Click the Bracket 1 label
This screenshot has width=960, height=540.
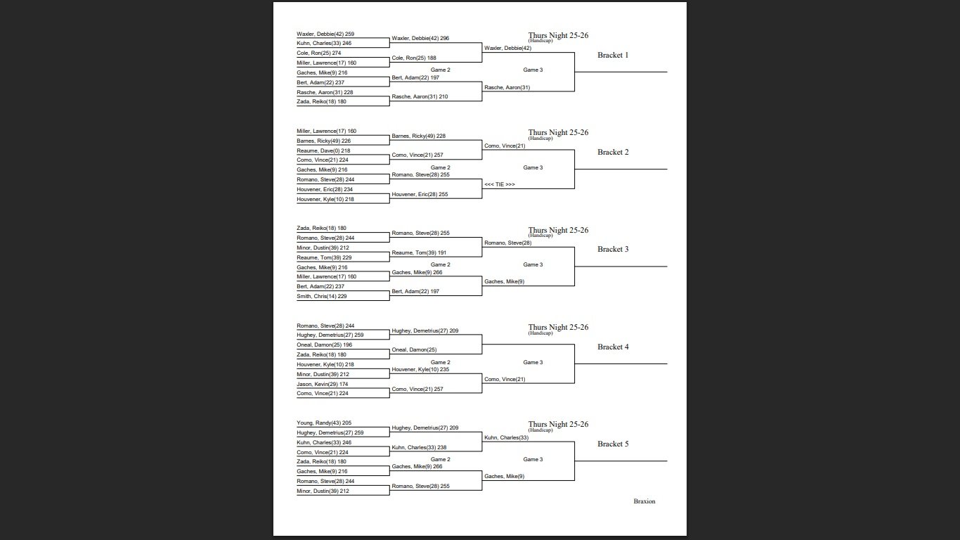[613, 56]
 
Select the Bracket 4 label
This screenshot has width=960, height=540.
[613, 347]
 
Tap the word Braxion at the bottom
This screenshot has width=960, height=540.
[644, 501]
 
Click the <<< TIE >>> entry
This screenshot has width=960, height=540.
[500, 184]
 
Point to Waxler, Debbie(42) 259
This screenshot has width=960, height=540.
[325, 34]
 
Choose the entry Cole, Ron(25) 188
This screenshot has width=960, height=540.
[414, 58]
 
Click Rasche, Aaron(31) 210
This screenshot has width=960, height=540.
[420, 97]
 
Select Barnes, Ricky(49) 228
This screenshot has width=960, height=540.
[419, 136]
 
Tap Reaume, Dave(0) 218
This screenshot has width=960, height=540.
[323, 150]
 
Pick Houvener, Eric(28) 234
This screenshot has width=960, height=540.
[325, 189]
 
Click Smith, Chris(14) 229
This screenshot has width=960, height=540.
[322, 297]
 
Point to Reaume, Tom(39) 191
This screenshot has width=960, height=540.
[419, 253]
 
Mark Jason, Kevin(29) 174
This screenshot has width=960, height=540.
[323, 384]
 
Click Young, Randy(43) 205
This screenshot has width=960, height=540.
[324, 423]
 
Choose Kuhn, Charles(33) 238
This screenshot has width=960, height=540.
[419, 448]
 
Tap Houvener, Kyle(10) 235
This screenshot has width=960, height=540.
[420, 370]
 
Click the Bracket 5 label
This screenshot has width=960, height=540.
[613, 444]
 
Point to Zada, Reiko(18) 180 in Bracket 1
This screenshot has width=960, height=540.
[321, 102]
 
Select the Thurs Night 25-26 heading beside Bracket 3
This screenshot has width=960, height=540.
[558, 231]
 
